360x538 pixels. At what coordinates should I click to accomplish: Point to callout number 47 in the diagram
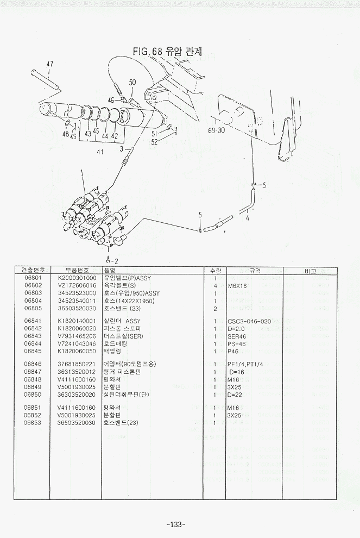49,64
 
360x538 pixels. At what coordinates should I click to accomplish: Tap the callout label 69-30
216,130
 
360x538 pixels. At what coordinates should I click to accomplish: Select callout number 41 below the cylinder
100,152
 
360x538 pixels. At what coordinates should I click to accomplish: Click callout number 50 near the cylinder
132,82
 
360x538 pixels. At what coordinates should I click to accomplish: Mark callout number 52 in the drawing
155,142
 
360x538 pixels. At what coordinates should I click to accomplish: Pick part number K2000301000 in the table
77,278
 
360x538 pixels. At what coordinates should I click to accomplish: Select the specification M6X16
237,285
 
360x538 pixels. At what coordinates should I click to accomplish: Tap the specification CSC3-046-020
249,321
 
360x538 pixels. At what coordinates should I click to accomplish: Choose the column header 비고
310,270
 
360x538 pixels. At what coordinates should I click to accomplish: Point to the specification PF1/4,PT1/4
246,364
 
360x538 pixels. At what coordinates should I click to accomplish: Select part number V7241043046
77,343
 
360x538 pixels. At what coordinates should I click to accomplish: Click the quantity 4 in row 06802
216,285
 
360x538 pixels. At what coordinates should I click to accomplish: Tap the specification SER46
236,336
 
